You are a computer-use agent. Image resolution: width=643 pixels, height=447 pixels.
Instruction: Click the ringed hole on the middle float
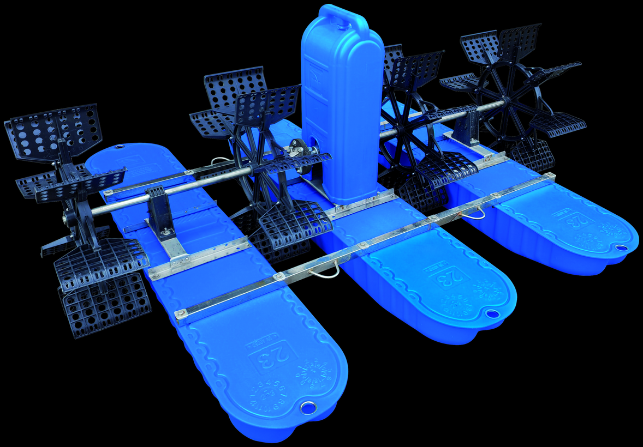[x=492, y=315]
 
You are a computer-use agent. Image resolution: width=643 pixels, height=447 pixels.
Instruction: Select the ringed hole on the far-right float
[x=620, y=247]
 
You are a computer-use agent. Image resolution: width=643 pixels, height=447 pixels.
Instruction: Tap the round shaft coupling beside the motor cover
[x=297, y=147]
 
